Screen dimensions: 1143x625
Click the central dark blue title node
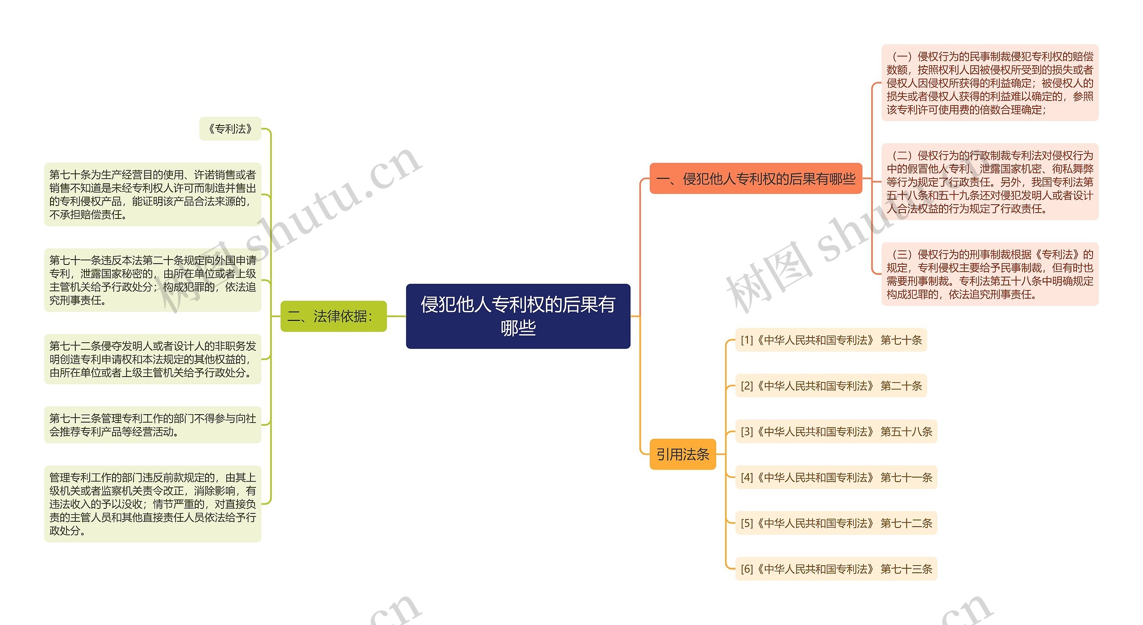pyautogui.click(x=518, y=316)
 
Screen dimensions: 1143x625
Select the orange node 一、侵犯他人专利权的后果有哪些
pyautogui.click(x=755, y=179)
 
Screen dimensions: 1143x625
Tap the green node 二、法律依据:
pyautogui.click(x=333, y=316)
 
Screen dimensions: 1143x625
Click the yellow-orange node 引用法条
pyautogui.click(x=682, y=454)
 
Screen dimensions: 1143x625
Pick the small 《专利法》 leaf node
pyautogui.click(x=230, y=129)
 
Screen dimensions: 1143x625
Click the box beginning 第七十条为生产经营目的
pyautogui.click(x=152, y=194)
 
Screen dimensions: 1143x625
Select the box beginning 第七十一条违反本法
pyautogui.click(x=152, y=280)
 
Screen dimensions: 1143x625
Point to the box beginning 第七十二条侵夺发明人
pyautogui.click(x=152, y=359)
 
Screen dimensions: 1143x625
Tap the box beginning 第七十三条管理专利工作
pyautogui.click(x=152, y=425)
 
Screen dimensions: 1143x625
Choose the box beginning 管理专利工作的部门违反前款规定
pyautogui.click(x=152, y=504)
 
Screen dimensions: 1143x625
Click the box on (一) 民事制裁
pyautogui.click(x=989, y=83)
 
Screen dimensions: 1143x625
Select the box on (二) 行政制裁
pyautogui.click(x=989, y=182)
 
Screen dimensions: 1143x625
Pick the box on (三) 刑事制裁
pyautogui.click(x=989, y=274)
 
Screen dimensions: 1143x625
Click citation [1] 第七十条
pyautogui.click(x=831, y=340)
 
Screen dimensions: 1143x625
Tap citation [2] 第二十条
pyautogui.click(x=831, y=386)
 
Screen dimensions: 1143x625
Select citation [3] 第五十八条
pyautogui.click(x=836, y=432)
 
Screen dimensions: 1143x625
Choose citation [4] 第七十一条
pyautogui.click(x=836, y=478)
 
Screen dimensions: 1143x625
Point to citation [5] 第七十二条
pyautogui.click(x=836, y=523)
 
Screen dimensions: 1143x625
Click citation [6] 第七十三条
pyautogui.click(x=836, y=569)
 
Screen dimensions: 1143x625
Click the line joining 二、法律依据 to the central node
pyautogui.click(x=396, y=316)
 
